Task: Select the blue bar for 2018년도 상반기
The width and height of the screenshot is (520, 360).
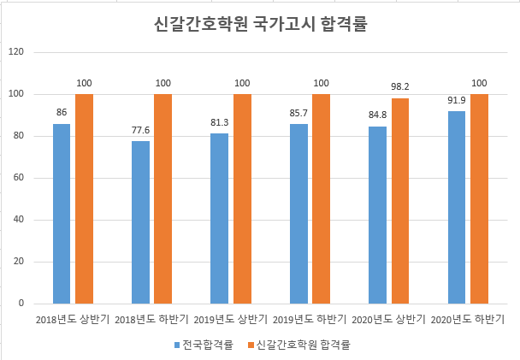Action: pos(62,214)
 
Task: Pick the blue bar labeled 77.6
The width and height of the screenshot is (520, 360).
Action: pos(140,222)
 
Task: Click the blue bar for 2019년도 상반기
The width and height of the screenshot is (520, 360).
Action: pos(220,218)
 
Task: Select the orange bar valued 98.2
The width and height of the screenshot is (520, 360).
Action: pos(400,201)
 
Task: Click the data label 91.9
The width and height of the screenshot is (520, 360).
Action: pos(457,101)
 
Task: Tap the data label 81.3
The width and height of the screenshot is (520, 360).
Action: pos(220,123)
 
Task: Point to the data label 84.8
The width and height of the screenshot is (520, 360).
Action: pos(377,115)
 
